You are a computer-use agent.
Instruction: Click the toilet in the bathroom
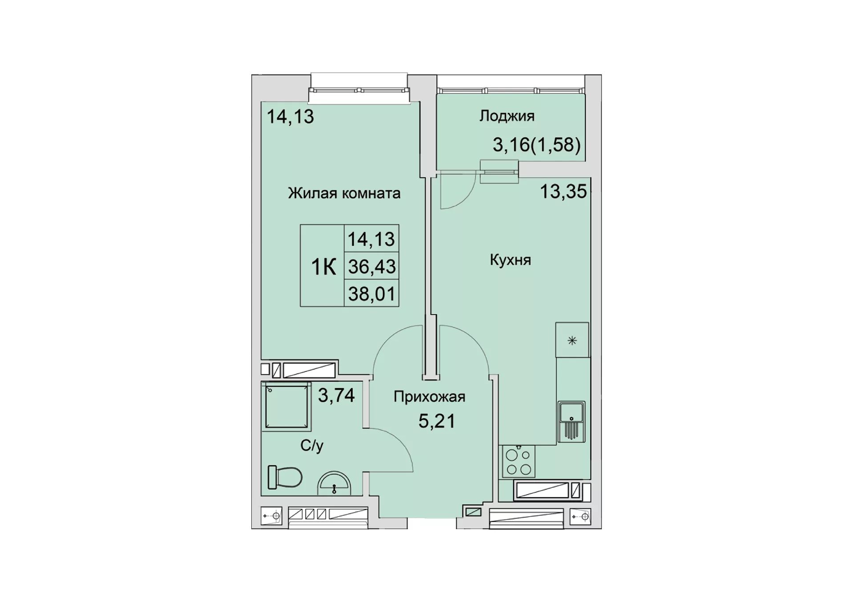pyautogui.click(x=285, y=477)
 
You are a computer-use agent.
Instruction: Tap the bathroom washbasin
pyautogui.click(x=334, y=483)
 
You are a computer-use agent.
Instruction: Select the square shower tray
pyautogui.click(x=286, y=406)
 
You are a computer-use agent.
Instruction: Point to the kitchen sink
pyautogui.click(x=572, y=421)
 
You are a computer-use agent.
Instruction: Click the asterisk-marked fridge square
pyautogui.click(x=572, y=340)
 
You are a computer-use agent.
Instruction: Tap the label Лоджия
pyautogui.click(x=507, y=116)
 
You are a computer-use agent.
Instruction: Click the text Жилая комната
pyautogui.click(x=344, y=193)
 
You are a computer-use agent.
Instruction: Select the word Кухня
pyautogui.click(x=510, y=260)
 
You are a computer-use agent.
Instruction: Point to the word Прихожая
pyautogui.click(x=429, y=396)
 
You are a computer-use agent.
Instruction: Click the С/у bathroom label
pyautogui.click(x=312, y=445)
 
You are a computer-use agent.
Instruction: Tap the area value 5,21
pyautogui.click(x=437, y=421)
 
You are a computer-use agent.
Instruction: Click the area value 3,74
pyautogui.click(x=336, y=395)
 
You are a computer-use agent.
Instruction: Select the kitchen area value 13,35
pyautogui.click(x=564, y=192)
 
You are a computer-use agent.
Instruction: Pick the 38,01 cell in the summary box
pyautogui.click(x=371, y=294)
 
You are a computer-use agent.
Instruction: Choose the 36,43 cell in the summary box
pyautogui.click(x=371, y=266)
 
